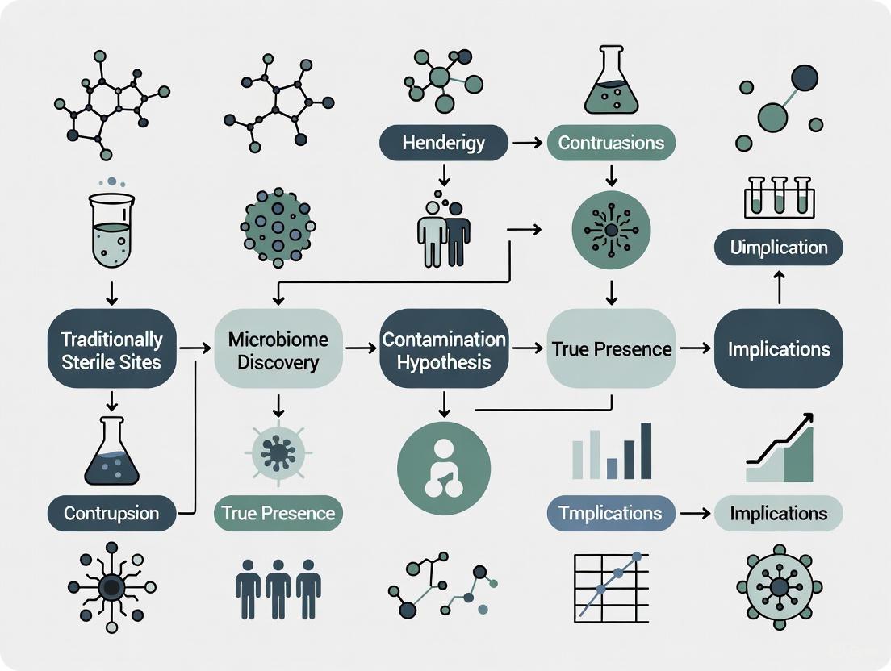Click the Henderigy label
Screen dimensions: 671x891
[x=444, y=143]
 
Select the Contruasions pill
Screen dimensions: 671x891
[x=611, y=143]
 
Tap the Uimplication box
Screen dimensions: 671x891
[x=778, y=248]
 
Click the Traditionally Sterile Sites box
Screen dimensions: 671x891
[x=111, y=350]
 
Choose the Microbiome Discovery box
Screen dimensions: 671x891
[x=278, y=350]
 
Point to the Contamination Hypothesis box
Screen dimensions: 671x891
[x=444, y=350]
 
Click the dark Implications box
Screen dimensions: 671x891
[x=778, y=349]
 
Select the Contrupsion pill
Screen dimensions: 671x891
[x=111, y=513]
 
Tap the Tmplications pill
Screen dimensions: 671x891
[x=611, y=513]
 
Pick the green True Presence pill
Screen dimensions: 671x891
[x=278, y=513]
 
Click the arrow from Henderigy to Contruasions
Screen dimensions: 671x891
[x=528, y=143]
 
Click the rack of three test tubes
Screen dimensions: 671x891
[x=779, y=196]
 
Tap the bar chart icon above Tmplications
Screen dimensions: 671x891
[x=612, y=452]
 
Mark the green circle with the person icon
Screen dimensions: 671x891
[x=444, y=468]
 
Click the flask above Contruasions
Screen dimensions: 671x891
[x=611, y=81]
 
